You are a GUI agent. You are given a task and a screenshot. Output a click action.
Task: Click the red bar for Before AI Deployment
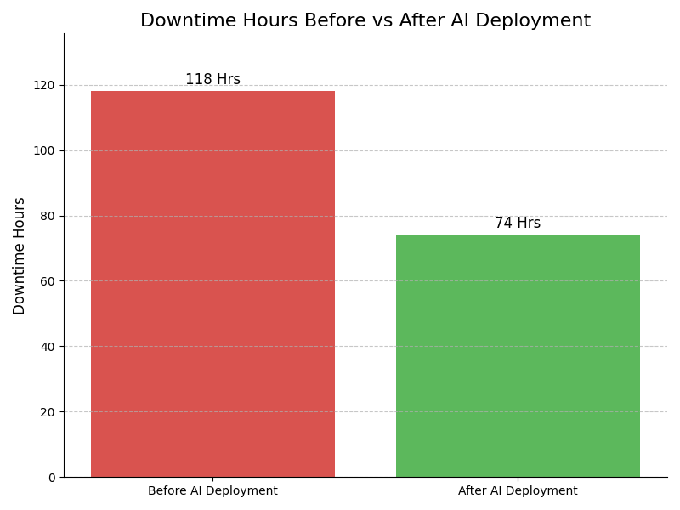212,284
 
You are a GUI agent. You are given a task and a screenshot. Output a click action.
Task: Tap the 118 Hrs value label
212,80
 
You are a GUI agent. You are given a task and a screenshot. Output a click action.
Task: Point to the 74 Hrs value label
518,224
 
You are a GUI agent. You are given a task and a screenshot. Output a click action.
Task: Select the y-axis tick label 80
48,216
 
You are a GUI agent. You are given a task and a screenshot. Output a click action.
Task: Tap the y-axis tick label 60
48,281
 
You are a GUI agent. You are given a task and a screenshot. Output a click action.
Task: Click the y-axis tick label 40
48,347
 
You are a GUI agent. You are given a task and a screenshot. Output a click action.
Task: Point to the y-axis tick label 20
48,412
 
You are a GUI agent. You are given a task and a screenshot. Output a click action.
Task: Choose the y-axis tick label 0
51,478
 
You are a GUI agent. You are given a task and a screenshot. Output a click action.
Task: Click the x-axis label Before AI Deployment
212,491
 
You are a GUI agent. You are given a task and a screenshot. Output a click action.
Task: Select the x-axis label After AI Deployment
518,491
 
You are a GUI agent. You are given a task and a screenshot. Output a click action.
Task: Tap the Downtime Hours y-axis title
20,256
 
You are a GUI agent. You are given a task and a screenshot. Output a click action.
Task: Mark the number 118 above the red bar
198,80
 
